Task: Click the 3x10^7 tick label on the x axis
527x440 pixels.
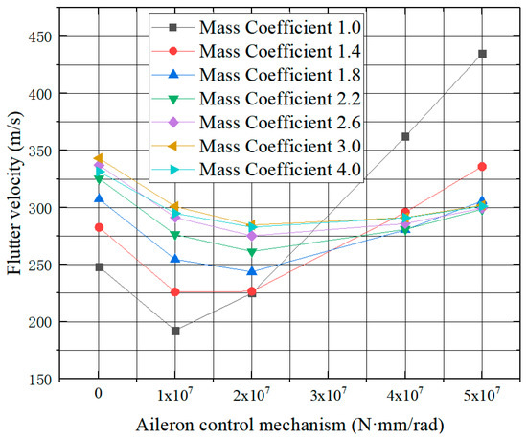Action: click(x=328, y=394)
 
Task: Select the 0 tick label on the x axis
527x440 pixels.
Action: click(x=99, y=394)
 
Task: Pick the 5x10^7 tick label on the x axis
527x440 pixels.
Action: click(x=481, y=394)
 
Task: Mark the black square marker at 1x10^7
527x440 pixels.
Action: click(x=174, y=331)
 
